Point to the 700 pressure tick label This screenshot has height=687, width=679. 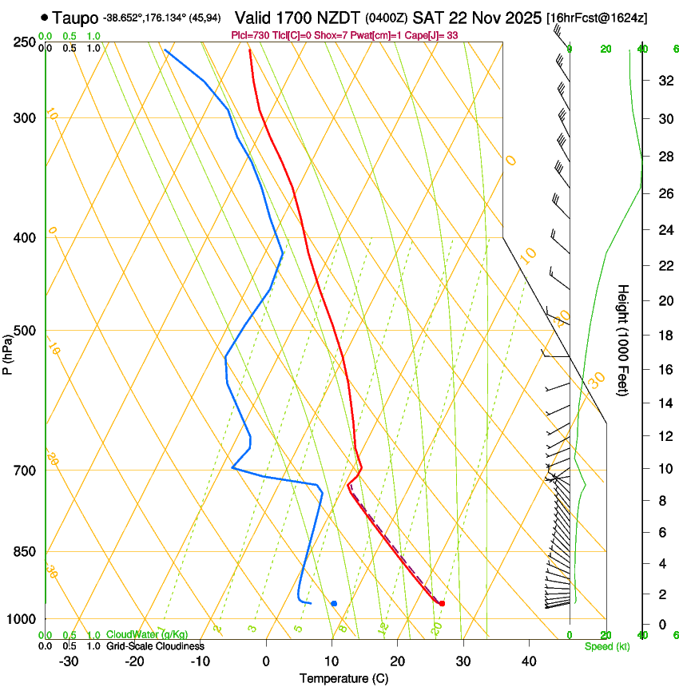pyautogui.click(x=24, y=471)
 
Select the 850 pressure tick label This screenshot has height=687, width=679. pyautogui.click(x=24, y=552)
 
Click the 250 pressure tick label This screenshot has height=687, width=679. pyautogui.click(x=24, y=42)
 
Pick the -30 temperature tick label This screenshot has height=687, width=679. pyautogui.click(x=69, y=661)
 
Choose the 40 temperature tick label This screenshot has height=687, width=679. pyautogui.click(x=529, y=661)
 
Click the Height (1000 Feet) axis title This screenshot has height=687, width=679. pyautogui.click(x=623, y=340)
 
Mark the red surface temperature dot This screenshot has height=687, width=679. pyautogui.click(x=442, y=603)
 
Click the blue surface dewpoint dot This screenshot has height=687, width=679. pyautogui.click(x=334, y=603)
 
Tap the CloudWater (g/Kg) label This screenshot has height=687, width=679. pyautogui.click(x=147, y=634)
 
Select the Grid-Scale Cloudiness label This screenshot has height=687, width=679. pyautogui.click(x=155, y=645)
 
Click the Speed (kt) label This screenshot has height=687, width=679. pyautogui.click(x=606, y=645)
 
